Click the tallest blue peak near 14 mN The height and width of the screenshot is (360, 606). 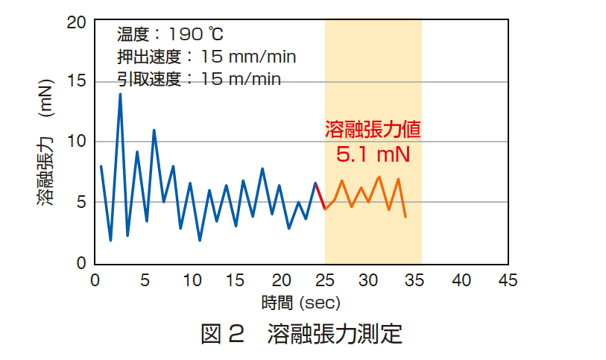[x=120, y=95]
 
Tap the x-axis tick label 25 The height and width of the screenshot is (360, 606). [x=325, y=280]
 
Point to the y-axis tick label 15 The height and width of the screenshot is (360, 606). [x=77, y=82]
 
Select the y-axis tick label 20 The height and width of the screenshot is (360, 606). [x=77, y=22]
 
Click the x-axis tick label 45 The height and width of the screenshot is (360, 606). [x=508, y=280]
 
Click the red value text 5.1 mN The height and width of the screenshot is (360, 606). [x=373, y=155]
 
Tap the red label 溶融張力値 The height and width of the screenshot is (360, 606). [x=373, y=129]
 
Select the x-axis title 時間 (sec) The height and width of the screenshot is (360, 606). [x=301, y=303]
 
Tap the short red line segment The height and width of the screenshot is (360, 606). [x=321, y=196]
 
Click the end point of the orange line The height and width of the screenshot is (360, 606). [x=405, y=217]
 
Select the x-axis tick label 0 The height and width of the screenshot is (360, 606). [x=95, y=280]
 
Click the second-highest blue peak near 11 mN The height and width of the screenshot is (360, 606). [x=154, y=130]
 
